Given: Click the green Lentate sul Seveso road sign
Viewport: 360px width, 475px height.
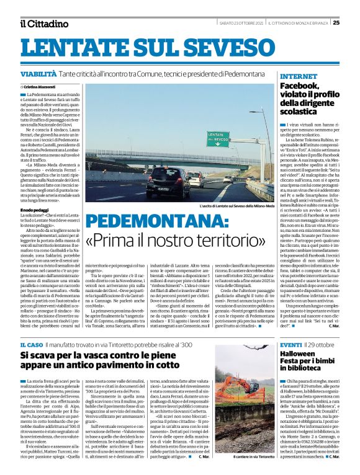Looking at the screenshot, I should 218,139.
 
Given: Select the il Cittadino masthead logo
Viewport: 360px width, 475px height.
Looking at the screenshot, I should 43,24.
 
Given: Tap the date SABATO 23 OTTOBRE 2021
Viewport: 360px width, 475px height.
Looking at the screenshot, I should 238,24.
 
